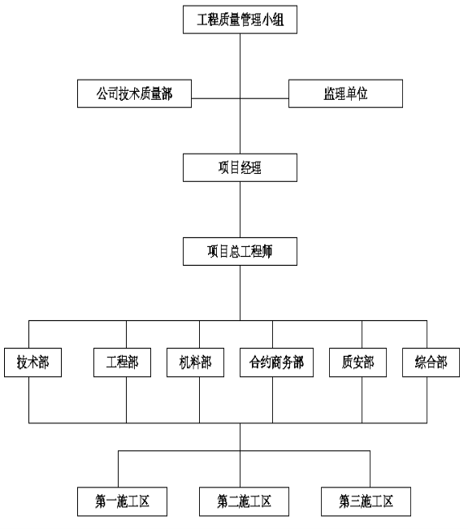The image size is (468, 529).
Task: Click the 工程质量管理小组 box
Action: (240, 20)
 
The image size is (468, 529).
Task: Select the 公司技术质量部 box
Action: (134, 93)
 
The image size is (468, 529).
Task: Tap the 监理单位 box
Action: (345, 93)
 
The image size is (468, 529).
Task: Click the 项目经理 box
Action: (240, 167)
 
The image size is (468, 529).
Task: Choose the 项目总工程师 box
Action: (240, 251)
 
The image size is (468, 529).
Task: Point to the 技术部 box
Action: (32, 362)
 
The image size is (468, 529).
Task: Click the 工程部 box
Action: (122, 362)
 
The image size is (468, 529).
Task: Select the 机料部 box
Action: (195, 362)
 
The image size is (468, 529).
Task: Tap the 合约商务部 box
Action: (276, 362)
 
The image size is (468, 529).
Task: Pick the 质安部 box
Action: (357, 362)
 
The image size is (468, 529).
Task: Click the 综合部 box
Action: (431, 362)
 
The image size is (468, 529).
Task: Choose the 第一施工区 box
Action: (122, 501)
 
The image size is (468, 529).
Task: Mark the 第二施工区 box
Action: (244, 501)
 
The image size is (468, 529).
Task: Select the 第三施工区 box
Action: (366, 501)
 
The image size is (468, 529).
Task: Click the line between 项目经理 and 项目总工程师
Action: (240, 210)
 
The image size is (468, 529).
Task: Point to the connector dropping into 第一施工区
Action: (119, 469)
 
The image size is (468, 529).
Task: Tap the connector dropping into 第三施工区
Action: (370, 469)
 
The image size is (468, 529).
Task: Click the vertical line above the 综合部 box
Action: (427, 334)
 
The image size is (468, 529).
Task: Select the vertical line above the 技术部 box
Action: (29, 334)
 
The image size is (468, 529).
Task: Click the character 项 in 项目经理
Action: (223, 167)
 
